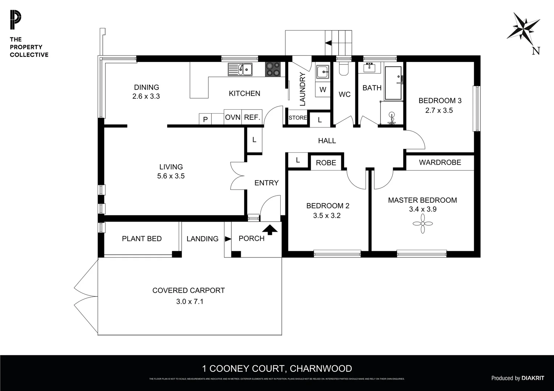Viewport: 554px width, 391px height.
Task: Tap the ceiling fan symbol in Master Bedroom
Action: (423, 223)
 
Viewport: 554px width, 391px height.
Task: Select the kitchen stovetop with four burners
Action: (273, 69)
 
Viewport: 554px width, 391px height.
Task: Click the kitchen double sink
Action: (240, 69)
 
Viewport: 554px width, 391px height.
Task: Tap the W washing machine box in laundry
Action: (323, 89)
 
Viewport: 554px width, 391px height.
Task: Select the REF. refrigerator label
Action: (252, 117)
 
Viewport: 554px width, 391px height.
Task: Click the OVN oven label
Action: (233, 117)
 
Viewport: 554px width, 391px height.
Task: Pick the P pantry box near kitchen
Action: (205, 119)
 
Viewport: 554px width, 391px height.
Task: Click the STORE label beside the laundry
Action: (298, 118)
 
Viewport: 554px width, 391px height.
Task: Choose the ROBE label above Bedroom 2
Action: (326, 163)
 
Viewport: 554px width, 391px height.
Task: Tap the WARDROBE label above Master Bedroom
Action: (440, 163)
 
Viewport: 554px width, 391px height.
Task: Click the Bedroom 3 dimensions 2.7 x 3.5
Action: (439, 110)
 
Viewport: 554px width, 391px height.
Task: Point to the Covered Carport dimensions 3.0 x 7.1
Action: (190, 301)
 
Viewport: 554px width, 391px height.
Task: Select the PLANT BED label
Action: (142, 239)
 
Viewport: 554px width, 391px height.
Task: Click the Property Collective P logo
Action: (16, 20)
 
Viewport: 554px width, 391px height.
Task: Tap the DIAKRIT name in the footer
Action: (533, 378)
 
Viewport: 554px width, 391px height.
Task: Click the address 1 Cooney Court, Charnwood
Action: (277, 369)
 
